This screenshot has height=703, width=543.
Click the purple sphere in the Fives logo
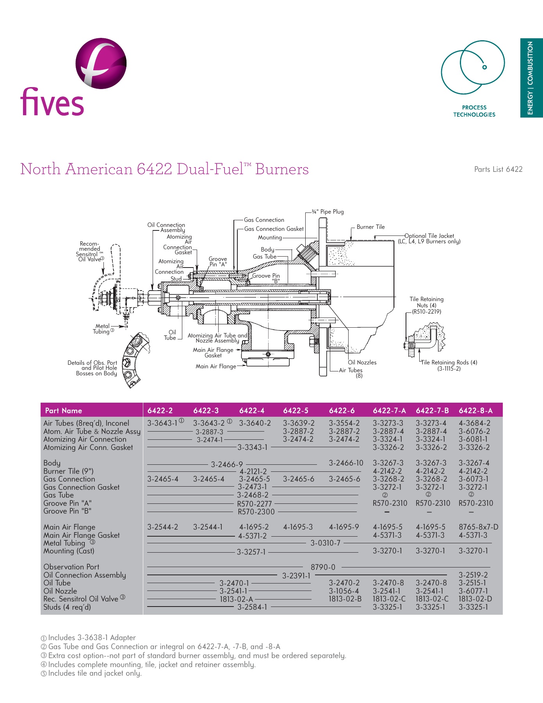pyautogui.click(x=101, y=63)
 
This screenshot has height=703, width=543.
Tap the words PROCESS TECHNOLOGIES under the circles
pyautogui.click(x=474, y=111)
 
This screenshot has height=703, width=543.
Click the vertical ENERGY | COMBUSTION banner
pyautogui.click(x=531, y=78)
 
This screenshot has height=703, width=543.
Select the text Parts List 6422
pyautogui.click(x=498, y=169)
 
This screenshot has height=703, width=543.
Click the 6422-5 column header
pyautogui.click(x=296, y=410)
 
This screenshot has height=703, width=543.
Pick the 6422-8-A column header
pyautogui.click(x=475, y=410)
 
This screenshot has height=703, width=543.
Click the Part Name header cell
pyautogui.click(x=64, y=410)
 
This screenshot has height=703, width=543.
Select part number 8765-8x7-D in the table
pyautogui.click(x=478, y=527)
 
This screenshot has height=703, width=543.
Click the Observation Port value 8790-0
pyautogui.click(x=323, y=567)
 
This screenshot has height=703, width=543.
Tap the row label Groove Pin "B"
pyautogui.click(x=67, y=511)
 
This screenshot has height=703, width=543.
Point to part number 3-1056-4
pyautogui.click(x=344, y=591)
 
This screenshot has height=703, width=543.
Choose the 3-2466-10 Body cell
pyautogui.click(x=346, y=463)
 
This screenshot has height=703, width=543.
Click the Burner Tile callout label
pyautogui.click(x=370, y=227)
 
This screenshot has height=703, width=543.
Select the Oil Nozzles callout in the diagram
pyautogui.click(x=362, y=362)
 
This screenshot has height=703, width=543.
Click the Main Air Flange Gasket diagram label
pyautogui.click(x=213, y=353)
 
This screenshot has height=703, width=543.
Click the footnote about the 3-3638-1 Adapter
pyautogui.click(x=92, y=638)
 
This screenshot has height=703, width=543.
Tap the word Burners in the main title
pyautogui.click(x=282, y=169)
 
